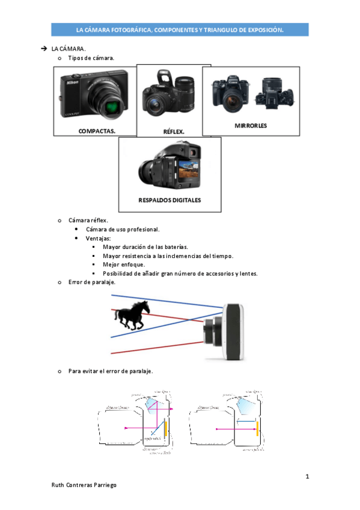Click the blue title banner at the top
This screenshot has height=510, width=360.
pyautogui.click(x=180, y=29)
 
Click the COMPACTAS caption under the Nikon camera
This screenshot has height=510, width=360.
pyautogui.click(x=97, y=130)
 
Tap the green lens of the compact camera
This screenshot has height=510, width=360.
pyautogui.click(x=112, y=108)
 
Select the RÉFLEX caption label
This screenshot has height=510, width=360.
pyautogui.click(x=174, y=131)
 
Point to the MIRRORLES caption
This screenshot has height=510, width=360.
pyautogui.click(x=251, y=126)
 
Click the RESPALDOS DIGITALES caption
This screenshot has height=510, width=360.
pyautogui.click(x=169, y=200)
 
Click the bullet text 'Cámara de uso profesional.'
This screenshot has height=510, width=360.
pyautogui.click(x=123, y=229)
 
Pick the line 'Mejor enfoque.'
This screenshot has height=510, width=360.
pyautogui.click(x=124, y=264)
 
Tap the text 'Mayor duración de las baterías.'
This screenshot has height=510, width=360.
pyautogui.click(x=145, y=247)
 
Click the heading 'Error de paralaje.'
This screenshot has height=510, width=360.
pyautogui.click(x=92, y=281)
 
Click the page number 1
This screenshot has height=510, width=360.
pyautogui.click(x=307, y=477)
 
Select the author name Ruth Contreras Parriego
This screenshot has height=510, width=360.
pyautogui.click(x=84, y=485)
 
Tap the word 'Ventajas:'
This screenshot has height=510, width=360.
pyautogui.click(x=99, y=238)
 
